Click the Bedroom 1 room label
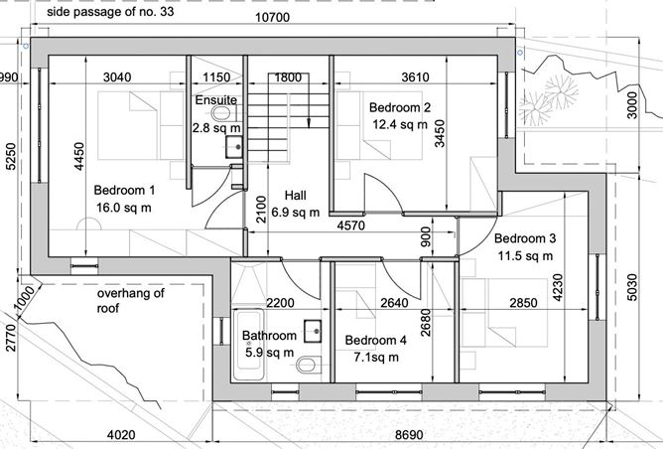tap(125, 190)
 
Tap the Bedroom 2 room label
tap(400, 106)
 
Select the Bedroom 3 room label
tap(525, 238)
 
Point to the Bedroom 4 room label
tap(376, 340)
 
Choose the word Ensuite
tap(215, 100)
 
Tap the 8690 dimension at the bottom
tap(413, 434)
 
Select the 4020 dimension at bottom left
tap(121, 434)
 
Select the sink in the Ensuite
tap(233, 148)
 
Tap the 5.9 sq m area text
tap(269, 353)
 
